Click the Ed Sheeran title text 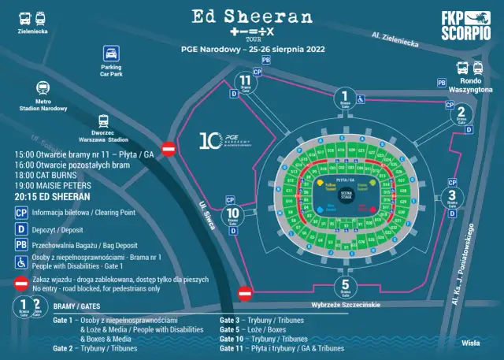(x=252, y=17)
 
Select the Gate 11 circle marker (x=247, y=83)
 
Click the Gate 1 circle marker (x=344, y=98)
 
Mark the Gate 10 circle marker (x=233, y=215)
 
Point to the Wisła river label (x=471, y=343)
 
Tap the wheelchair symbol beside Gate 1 (x=361, y=98)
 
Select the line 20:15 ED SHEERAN (x=51, y=196)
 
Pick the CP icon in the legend (x=22, y=212)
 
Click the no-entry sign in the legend (x=22, y=284)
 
